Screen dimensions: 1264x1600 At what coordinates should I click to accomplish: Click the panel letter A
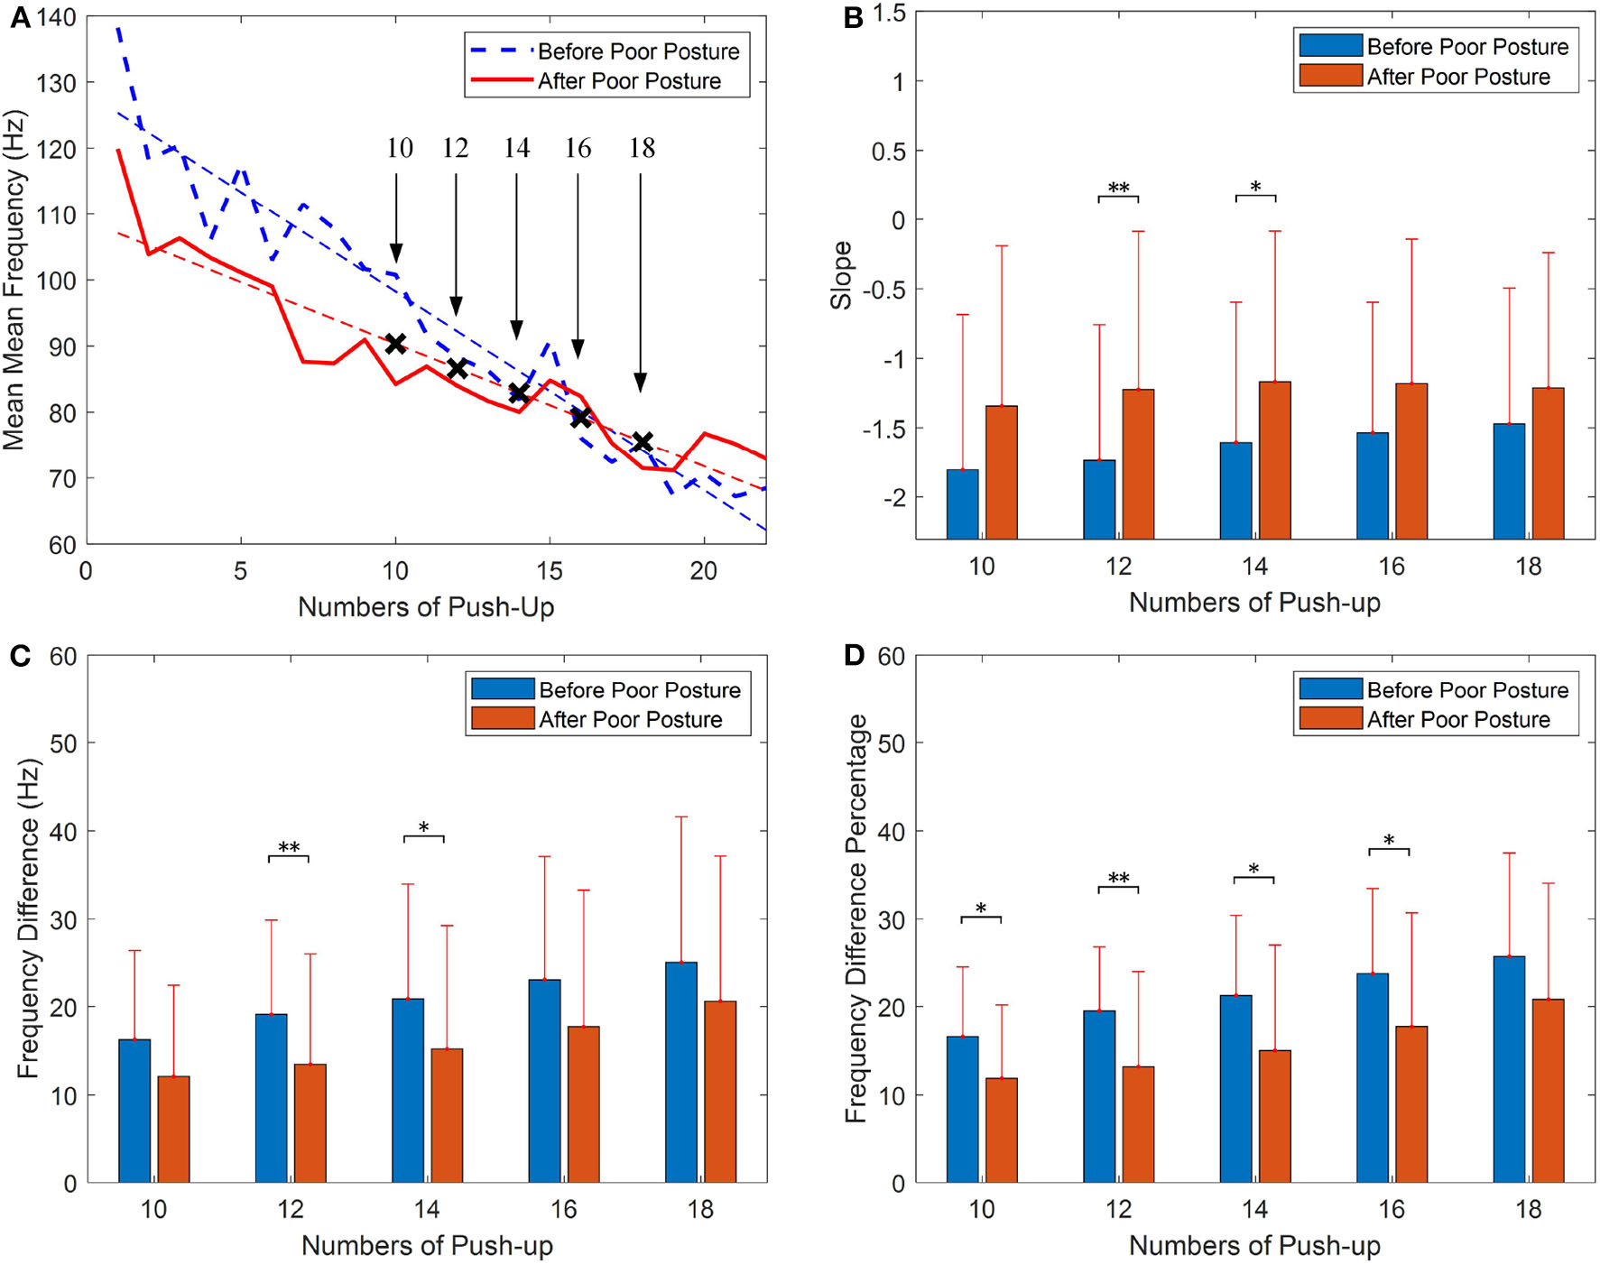click(20, 17)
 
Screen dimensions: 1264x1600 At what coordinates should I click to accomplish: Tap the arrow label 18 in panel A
click(642, 148)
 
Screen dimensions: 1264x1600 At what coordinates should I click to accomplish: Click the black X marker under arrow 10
click(395, 344)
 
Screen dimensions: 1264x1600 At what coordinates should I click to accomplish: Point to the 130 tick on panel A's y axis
click(56, 83)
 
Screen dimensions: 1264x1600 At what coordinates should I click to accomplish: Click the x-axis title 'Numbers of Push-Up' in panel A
click(426, 607)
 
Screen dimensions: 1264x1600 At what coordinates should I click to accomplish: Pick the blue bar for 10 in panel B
click(962, 504)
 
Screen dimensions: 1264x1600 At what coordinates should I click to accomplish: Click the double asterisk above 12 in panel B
click(1118, 188)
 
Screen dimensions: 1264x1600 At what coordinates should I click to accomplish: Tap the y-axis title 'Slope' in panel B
click(841, 276)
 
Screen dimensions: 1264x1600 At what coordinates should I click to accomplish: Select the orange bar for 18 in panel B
click(1548, 464)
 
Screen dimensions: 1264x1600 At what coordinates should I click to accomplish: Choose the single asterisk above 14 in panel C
click(423, 827)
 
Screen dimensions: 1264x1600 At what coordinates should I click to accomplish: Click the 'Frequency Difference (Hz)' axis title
click(27, 918)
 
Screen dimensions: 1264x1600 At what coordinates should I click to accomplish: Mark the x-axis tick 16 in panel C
click(563, 1209)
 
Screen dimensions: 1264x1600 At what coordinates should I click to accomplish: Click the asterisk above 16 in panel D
click(1389, 840)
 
